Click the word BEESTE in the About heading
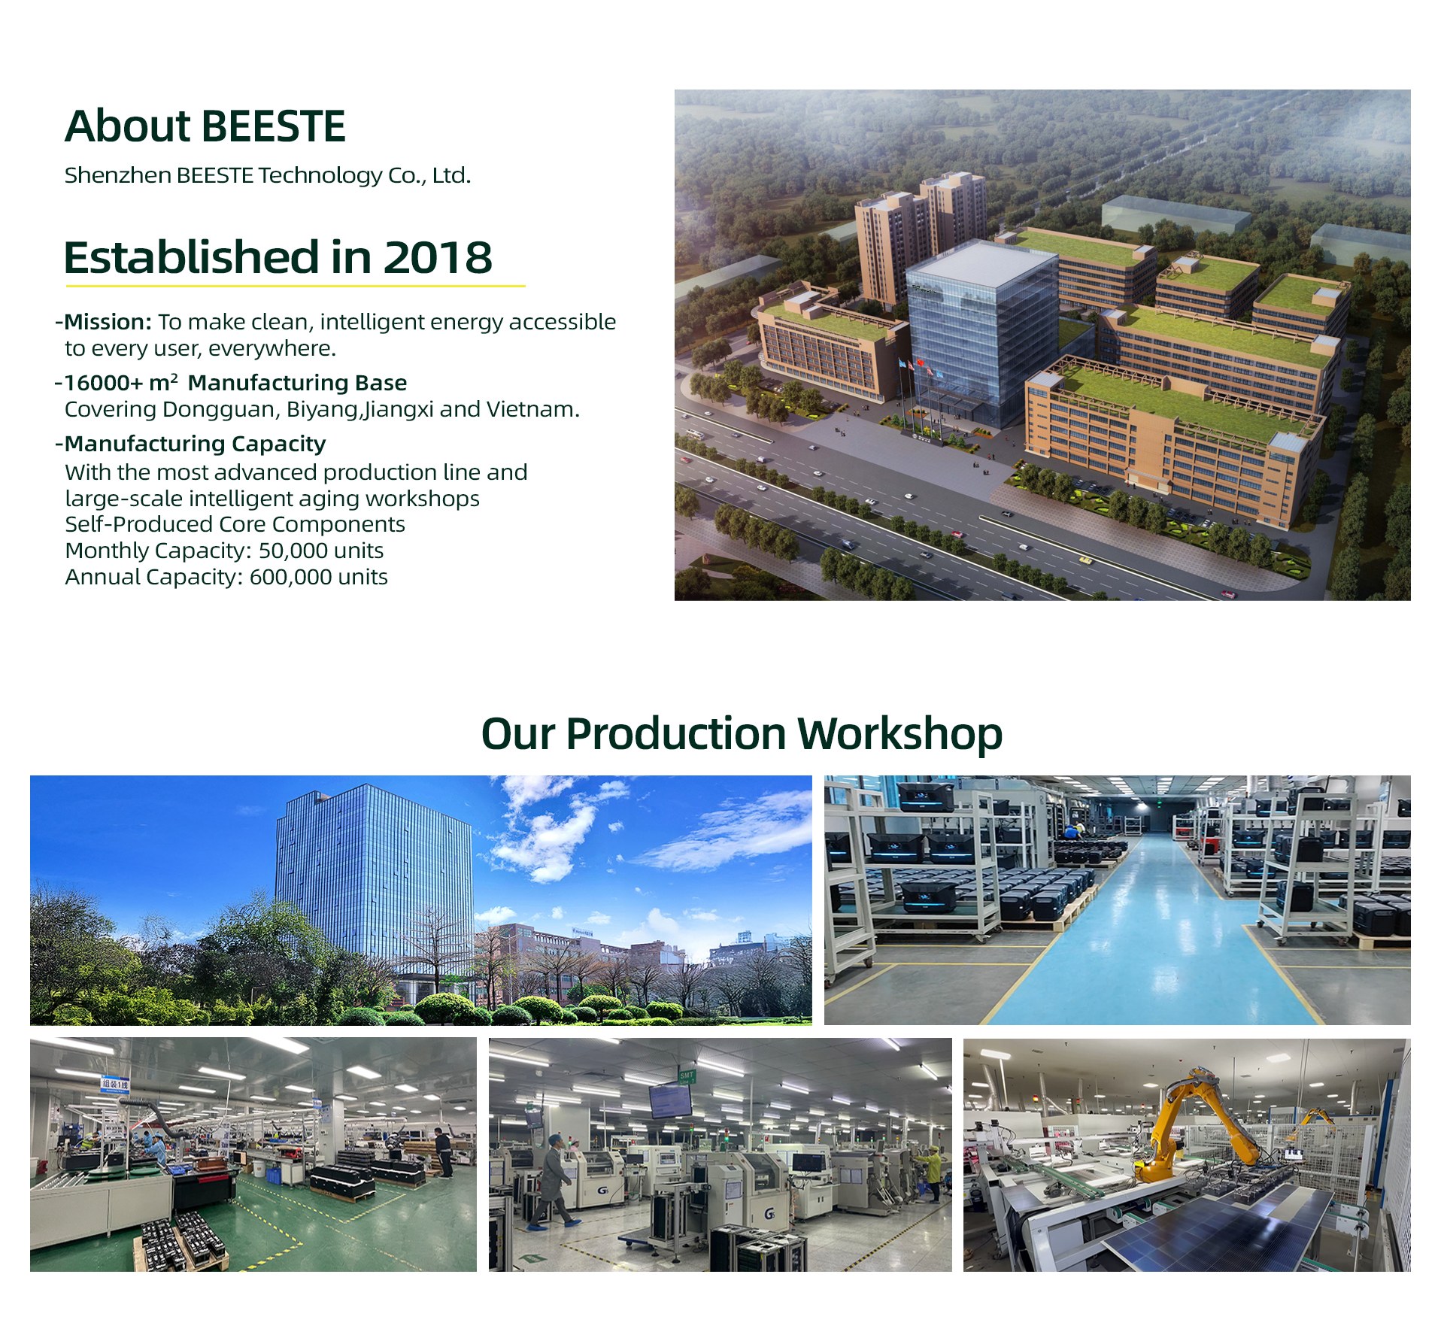pyautogui.click(x=274, y=126)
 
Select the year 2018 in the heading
pyautogui.click(x=438, y=257)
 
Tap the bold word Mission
pyautogui.click(x=108, y=322)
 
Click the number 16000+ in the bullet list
pyautogui.click(x=103, y=383)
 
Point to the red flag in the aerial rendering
pyautogui.click(x=918, y=362)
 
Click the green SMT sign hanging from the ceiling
pyautogui.click(x=687, y=1076)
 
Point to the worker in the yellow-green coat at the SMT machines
pyautogui.click(x=930, y=1172)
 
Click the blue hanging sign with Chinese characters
pyautogui.click(x=114, y=1084)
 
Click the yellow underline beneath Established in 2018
pyautogui.click(x=296, y=286)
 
